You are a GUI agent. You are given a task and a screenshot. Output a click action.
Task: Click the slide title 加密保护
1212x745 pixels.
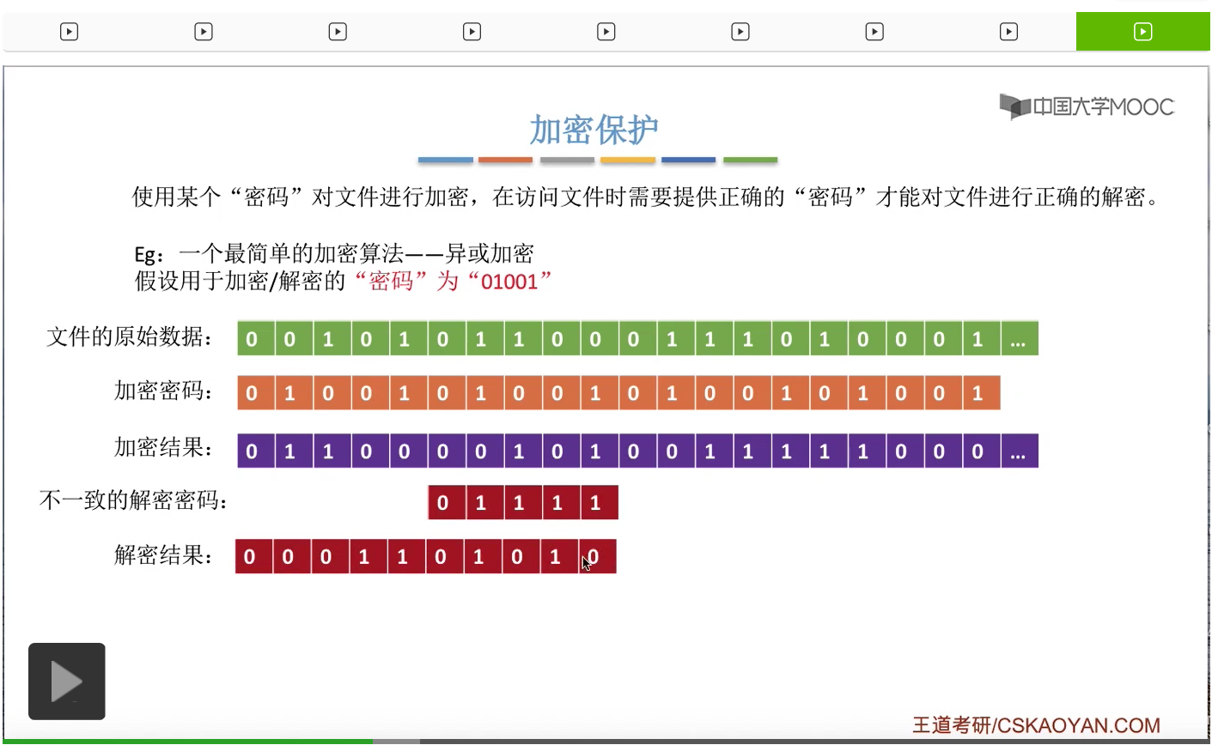(x=594, y=130)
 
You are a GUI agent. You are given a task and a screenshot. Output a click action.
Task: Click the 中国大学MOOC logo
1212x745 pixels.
(x=1087, y=106)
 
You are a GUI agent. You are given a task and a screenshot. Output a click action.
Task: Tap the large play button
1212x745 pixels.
(x=67, y=681)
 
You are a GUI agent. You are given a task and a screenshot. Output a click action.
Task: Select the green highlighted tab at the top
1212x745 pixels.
(x=1142, y=32)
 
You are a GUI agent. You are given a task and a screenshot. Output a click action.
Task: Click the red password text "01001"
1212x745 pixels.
(x=509, y=282)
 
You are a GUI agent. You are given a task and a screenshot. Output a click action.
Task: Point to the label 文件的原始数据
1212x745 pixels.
(x=129, y=337)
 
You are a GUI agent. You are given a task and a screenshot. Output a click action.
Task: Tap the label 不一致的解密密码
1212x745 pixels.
(x=133, y=500)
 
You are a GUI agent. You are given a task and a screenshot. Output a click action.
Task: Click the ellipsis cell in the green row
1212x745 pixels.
(x=1019, y=339)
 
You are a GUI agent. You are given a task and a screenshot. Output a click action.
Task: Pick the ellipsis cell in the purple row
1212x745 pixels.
(x=1019, y=451)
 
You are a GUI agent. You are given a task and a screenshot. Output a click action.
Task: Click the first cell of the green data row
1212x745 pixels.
(x=252, y=339)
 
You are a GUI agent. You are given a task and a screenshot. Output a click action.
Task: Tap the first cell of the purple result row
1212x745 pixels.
(x=252, y=451)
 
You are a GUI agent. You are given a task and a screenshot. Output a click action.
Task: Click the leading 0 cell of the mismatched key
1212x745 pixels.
(x=443, y=503)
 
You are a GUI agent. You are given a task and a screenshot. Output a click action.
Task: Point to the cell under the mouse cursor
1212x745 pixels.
(x=595, y=557)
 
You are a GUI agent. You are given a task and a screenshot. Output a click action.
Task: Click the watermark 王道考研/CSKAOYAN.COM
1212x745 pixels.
(x=1036, y=725)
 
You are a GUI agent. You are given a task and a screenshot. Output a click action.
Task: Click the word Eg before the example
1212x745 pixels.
(x=147, y=255)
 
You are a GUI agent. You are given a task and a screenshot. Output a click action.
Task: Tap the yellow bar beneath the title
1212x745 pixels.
(x=628, y=160)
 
